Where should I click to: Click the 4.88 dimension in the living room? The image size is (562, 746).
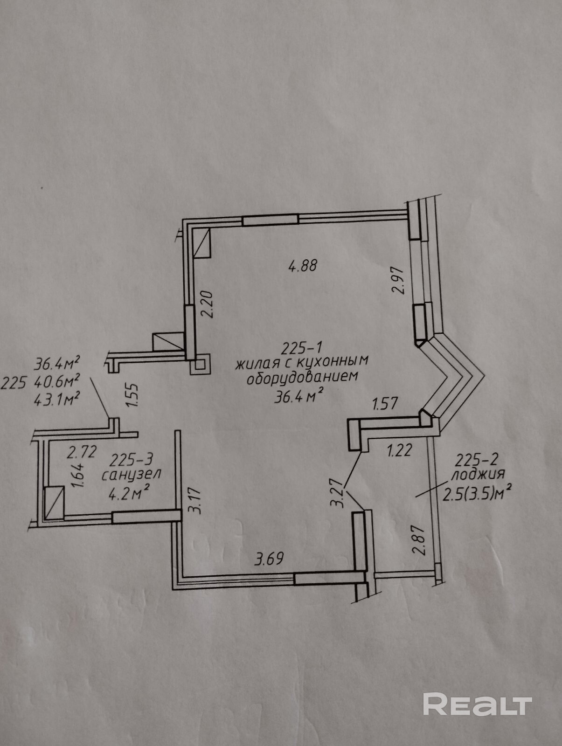[303, 266]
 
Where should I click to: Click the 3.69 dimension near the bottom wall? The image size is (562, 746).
[269, 558]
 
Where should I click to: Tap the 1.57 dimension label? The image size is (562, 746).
[385, 404]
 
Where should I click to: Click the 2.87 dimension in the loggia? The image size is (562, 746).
[419, 539]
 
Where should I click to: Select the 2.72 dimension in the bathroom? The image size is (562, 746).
[82, 452]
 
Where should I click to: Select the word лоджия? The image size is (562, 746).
[478, 474]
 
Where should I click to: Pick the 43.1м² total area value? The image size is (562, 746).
[57, 400]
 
